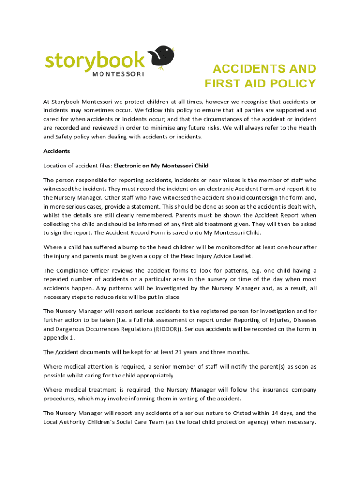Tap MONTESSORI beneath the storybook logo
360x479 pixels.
(118, 73)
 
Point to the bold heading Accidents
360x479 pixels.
(57, 151)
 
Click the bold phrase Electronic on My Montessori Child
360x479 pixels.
(161, 166)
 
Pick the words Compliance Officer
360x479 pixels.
(85, 270)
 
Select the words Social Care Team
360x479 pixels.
(153, 422)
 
